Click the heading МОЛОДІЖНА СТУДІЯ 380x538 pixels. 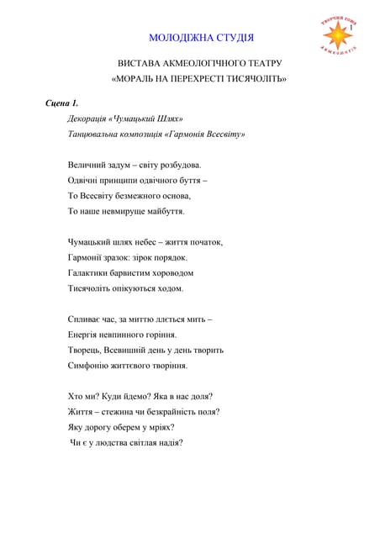[x=201, y=38]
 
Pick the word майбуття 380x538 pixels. [x=162, y=211]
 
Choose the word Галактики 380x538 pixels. [x=88, y=272]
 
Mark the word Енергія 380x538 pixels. [x=85, y=335]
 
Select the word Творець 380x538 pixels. [x=84, y=350]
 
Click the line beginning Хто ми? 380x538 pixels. [x=140, y=396]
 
